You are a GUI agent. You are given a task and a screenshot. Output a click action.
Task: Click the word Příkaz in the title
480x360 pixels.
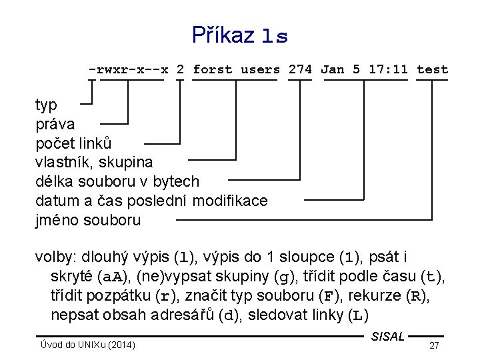pyautogui.click(x=223, y=35)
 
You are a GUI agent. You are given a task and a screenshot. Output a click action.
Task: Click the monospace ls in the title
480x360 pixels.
pyautogui.click(x=275, y=37)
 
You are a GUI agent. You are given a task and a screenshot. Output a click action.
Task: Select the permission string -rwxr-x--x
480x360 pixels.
pyautogui.click(x=128, y=69)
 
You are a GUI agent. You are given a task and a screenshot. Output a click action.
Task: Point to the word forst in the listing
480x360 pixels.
pyautogui.click(x=213, y=69)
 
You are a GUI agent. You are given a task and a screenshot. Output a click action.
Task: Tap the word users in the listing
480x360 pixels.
pyautogui.click(x=261, y=69)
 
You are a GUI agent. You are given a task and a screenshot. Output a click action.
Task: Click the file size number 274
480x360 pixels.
pyautogui.click(x=300, y=69)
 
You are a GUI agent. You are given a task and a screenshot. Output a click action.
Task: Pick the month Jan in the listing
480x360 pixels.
pyautogui.click(x=333, y=69)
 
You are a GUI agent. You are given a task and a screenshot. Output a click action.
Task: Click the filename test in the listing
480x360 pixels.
pyautogui.click(x=432, y=69)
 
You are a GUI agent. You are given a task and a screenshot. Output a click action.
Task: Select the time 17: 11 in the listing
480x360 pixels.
pyautogui.click(x=385, y=69)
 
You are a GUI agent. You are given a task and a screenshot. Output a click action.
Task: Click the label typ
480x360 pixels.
pyautogui.click(x=46, y=105)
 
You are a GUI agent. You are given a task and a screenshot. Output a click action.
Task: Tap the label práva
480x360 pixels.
pyautogui.click(x=55, y=124)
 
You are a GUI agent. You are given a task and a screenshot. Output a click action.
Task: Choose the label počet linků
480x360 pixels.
pyautogui.click(x=73, y=143)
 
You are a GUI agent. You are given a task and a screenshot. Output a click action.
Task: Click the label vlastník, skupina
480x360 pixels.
pyautogui.click(x=94, y=162)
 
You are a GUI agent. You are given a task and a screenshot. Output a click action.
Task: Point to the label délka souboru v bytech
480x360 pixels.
pyautogui.click(x=117, y=181)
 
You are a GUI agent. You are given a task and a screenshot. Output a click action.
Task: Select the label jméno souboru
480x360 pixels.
pyautogui.click(x=88, y=220)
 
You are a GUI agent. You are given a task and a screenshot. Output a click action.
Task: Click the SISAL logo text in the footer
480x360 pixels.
pyautogui.click(x=388, y=337)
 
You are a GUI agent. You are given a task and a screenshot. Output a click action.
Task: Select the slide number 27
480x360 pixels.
pyautogui.click(x=434, y=345)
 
